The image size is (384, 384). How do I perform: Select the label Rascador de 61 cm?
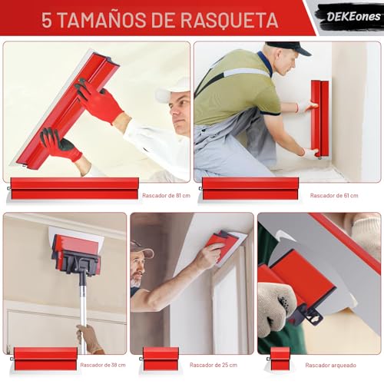click(334, 195)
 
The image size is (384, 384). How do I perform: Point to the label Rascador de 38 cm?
click(104, 365)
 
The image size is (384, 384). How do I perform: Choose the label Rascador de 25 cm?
click(214, 365)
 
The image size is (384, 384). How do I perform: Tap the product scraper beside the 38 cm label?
click(45, 359)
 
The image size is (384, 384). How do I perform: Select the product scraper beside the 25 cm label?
click(161, 359)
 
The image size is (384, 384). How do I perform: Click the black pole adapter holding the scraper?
click(77, 265)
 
